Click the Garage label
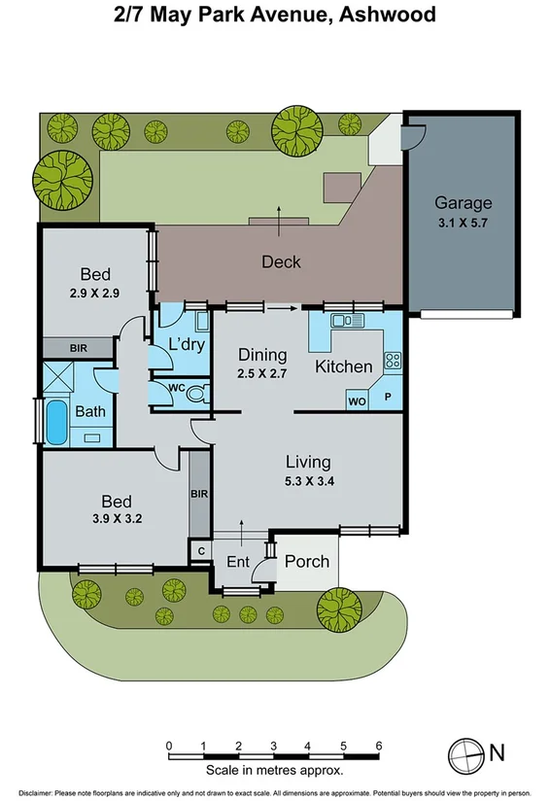tap(463, 203)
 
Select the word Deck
tap(281, 261)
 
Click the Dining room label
tap(262, 355)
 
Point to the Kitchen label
tap(344, 366)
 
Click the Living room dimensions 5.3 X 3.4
tap(307, 479)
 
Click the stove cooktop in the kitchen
tap(393, 361)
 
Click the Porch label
tap(306, 561)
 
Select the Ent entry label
tap(237, 562)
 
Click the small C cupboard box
tap(200, 551)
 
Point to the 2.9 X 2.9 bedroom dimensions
tap(95, 291)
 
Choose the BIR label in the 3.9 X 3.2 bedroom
tap(200, 494)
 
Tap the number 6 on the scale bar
tap(378, 747)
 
